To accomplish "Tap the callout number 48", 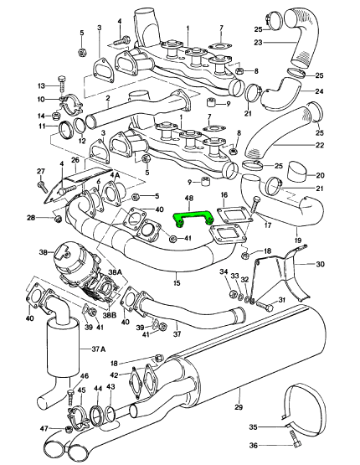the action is pyautogui.click(x=189, y=198).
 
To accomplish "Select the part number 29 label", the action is pyautogui.click(x=239, y=407).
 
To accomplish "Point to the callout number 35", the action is pyautogui.click(x=254, y=427).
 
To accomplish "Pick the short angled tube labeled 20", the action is pyautogui.click(x=296, y=172).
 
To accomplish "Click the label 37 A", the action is pyautogui.click(x=98, y=349).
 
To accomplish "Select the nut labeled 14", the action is pyautogui.click(x=56, y=116).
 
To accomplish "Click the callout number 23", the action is pyautogui.click(x=258, y=43).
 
